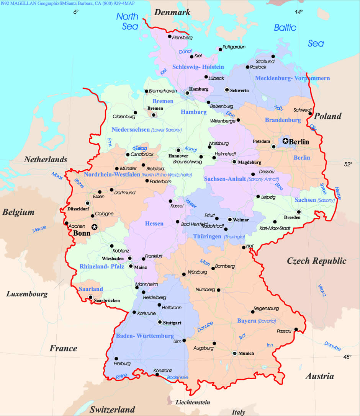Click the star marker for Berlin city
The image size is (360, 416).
coord(285,141)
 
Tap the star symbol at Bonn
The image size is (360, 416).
coord(94,227)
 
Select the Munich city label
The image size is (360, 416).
coord(246,353)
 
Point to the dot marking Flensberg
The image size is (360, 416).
coord(169,37)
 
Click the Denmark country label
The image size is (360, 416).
coord(172,13)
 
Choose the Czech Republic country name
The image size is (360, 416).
coord(316,261)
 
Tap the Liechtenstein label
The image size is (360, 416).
coord(193,402)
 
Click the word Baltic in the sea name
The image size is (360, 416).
coord(285,28)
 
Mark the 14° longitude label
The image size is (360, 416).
coord(299,12)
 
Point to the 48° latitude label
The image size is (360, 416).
coord(347,357)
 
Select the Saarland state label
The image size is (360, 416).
coord(91,289)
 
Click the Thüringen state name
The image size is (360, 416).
coord(207,236)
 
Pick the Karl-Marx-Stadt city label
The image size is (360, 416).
coord(274,228)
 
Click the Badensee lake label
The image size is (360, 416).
coord(178,378)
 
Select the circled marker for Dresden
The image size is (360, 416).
coord(299,212)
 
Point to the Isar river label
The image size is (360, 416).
coord(242,336)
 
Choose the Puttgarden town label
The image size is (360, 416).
coord(234,47)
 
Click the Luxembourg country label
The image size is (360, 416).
coord(27,294)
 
